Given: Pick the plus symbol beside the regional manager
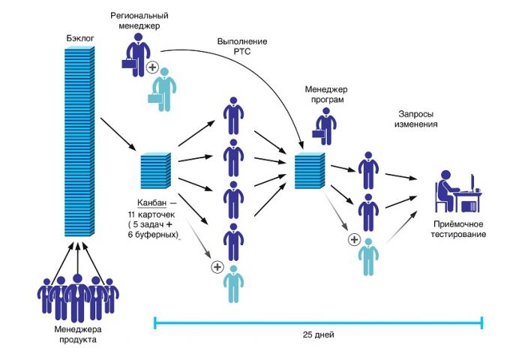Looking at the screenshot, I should [x=152, y=68].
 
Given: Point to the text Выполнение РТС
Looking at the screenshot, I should [x=242, y=46].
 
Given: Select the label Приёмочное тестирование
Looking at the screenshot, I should [x=460, y=229].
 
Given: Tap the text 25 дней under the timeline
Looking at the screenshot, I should [x=318, y=333].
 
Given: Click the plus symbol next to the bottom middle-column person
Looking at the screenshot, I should [x=217, y=266].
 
